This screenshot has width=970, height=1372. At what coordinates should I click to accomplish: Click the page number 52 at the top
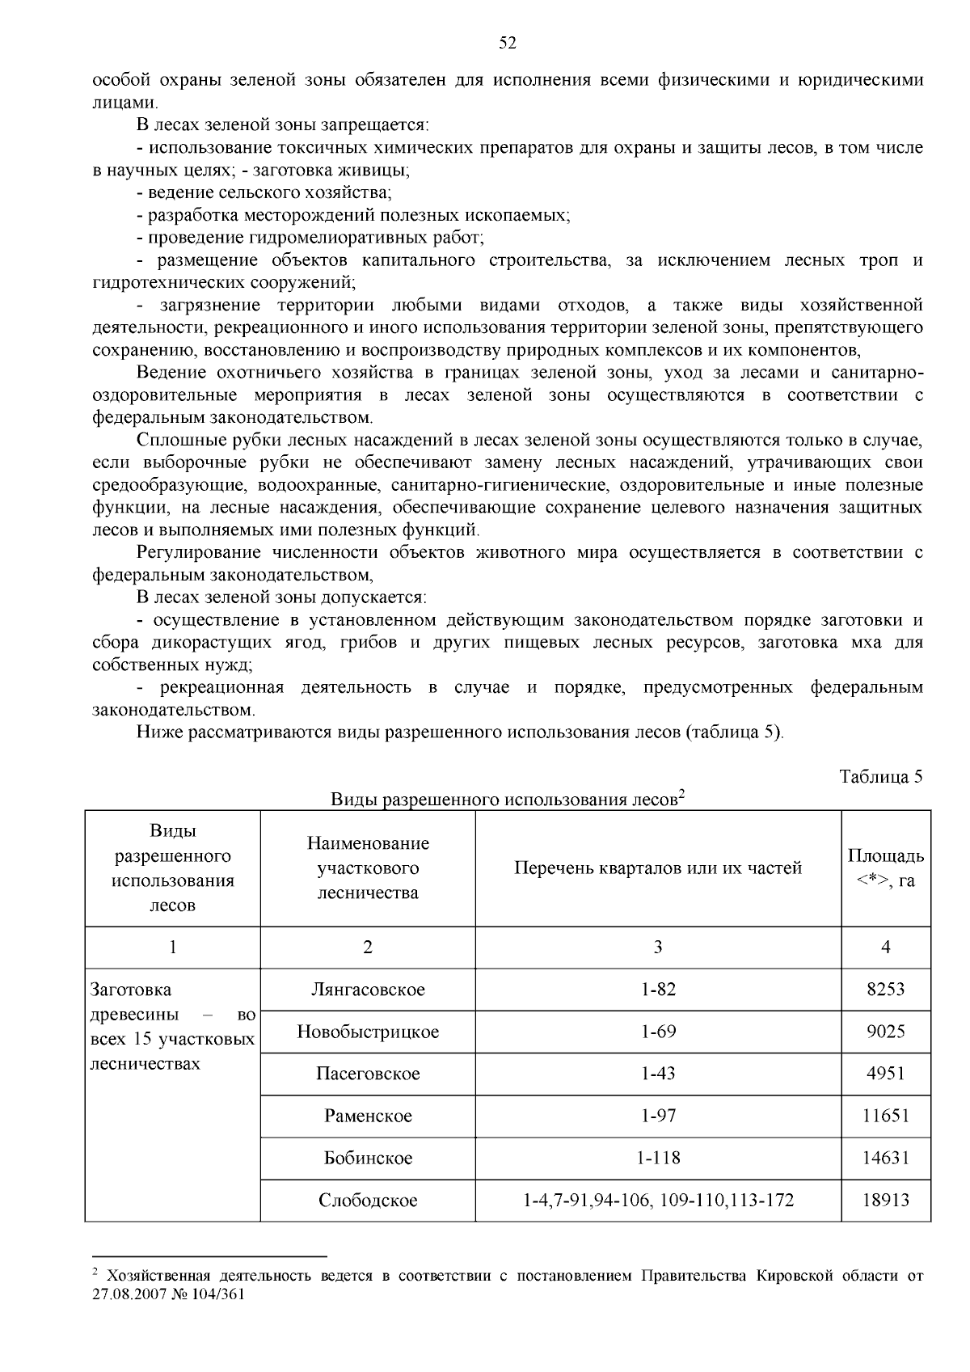click(507, 44)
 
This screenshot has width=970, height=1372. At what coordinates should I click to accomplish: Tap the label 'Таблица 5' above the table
click(880, 778)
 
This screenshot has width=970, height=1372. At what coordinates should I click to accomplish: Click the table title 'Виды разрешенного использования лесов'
click(504, 800)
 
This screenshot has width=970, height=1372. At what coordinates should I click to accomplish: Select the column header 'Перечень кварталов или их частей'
click(658, 868)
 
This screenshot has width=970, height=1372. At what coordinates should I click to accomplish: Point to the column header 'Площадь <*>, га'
click(886, 868)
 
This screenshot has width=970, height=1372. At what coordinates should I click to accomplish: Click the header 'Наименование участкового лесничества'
click(368, 868)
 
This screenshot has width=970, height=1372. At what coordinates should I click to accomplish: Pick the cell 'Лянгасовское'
click(368, 990)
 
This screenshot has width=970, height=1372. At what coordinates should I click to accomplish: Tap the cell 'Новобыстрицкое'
click(368, 1032)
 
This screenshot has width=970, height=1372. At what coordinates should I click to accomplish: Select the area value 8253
click(886, 990)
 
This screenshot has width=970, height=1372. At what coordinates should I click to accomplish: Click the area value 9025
click(886, 1032)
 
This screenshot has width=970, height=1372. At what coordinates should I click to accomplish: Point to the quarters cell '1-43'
click(658, 1074)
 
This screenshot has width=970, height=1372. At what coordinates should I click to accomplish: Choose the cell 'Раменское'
click(368, 1116)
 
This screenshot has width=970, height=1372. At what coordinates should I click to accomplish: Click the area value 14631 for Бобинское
click(886, 1158)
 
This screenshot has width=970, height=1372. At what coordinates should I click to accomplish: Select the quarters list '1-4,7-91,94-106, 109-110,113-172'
click(658, 1200)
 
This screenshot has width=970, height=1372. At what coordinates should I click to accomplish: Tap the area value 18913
click(886, 1200)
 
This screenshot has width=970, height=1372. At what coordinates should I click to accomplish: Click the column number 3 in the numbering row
click(658, 948)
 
